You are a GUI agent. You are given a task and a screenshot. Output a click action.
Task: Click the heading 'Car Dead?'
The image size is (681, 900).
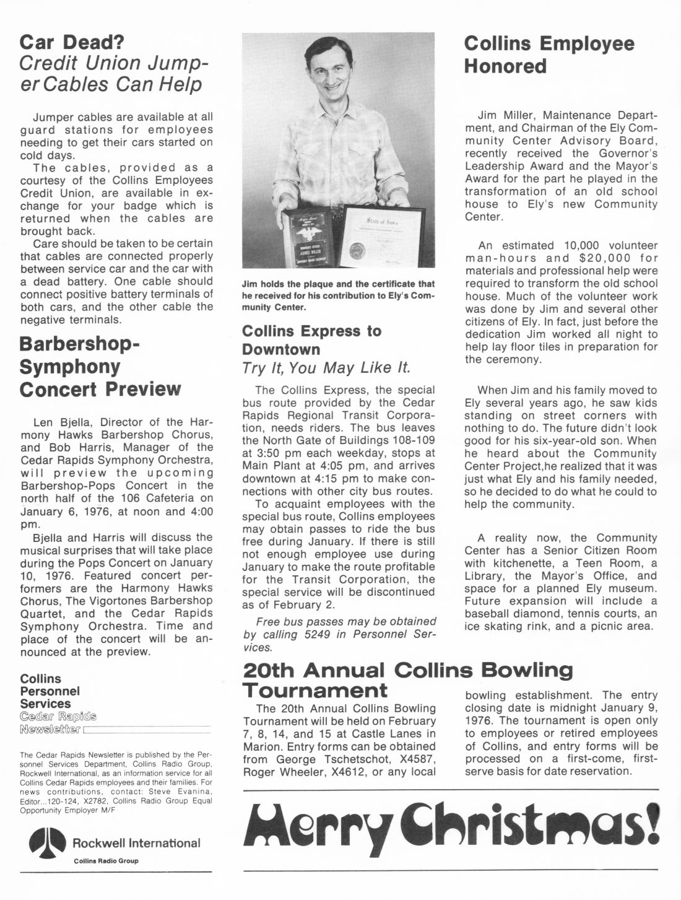click(72, 42)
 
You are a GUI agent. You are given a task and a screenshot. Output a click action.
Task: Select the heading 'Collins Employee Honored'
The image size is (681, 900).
click(549, 55)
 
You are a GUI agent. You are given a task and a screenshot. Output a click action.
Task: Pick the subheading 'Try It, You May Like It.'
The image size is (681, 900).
click(326, 368)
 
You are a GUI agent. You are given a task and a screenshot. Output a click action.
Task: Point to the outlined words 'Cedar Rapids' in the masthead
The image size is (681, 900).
click(58, 717)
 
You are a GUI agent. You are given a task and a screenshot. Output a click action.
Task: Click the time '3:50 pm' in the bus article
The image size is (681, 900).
click(261, 453)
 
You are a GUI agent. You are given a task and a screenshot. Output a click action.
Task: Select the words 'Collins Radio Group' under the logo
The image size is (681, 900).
click(106, 860)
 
